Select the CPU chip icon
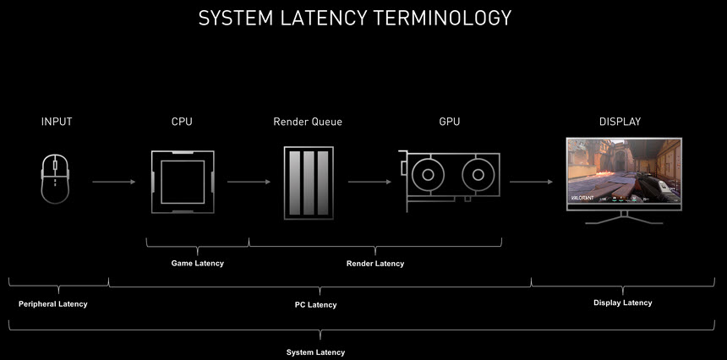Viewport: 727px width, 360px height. coord(182,181)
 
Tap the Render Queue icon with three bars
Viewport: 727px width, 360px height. coord(308,181)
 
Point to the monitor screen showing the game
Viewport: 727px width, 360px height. coord(624,174)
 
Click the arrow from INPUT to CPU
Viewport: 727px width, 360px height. coord(113,182)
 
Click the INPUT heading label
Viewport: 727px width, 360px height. coord(57,122)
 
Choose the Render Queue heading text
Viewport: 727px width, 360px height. coord(308,122)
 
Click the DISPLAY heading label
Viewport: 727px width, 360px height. coord(620,122)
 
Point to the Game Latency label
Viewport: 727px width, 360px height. coord(198,264)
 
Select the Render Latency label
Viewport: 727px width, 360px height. coord(375,264)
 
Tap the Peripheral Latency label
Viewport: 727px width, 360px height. coord(52,303)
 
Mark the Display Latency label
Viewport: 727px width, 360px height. coord(623,303)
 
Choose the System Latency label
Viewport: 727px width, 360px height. coord(316,352)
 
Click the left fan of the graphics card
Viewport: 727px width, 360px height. coord(428,177)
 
